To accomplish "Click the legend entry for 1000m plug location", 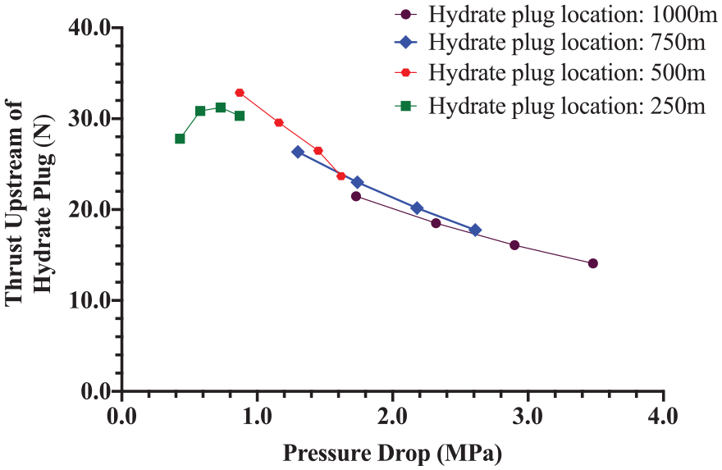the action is point(555,14).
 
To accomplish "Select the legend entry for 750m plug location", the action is point(550,43).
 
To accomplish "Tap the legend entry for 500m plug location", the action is point(550,73).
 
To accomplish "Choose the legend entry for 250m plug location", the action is point(550,107).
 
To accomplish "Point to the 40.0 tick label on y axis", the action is point(89,28).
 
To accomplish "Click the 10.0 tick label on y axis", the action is point(89,300).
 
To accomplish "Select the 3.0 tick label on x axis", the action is point(528,416).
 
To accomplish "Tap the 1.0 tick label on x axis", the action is point(258,416).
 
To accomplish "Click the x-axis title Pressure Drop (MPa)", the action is point(392,454).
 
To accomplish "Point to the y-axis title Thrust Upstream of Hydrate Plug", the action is point(30,203).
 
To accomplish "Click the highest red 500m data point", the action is point(240,93).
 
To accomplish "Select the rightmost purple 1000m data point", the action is point(593,263).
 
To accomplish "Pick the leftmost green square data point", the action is point(180,139).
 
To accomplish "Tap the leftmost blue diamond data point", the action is point(298,152).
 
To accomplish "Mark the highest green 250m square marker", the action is point(221,107).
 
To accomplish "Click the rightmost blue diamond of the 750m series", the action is point(476,230).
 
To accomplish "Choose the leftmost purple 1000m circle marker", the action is point(356,196).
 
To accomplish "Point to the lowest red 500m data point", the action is point(341,176).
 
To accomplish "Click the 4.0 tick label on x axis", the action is point(664,416).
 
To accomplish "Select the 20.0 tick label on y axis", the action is point(89,209).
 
